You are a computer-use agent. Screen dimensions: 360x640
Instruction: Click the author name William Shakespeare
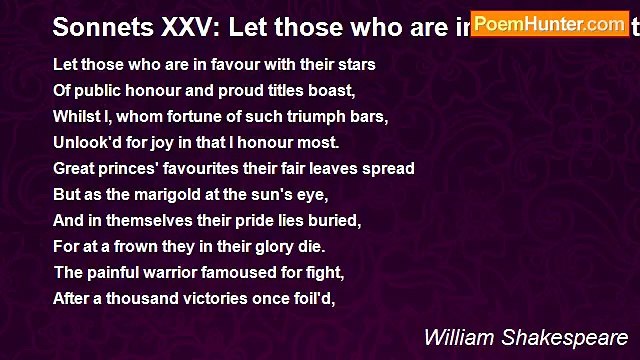click(x=526, y=337)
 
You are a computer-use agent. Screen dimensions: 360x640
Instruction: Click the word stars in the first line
click(x=355, y=65)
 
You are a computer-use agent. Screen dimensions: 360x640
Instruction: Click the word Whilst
click(x=75, y=117)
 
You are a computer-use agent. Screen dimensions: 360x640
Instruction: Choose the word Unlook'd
click(x=86, y=143)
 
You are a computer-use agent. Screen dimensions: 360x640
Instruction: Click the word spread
click(x=388, y=169)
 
